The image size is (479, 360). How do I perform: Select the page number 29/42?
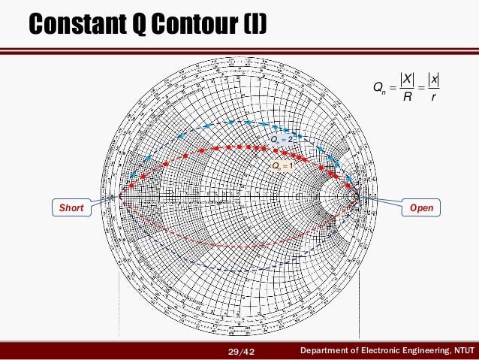click(x=240, y=351)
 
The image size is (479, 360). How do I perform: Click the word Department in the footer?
click(x=324, y=351)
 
